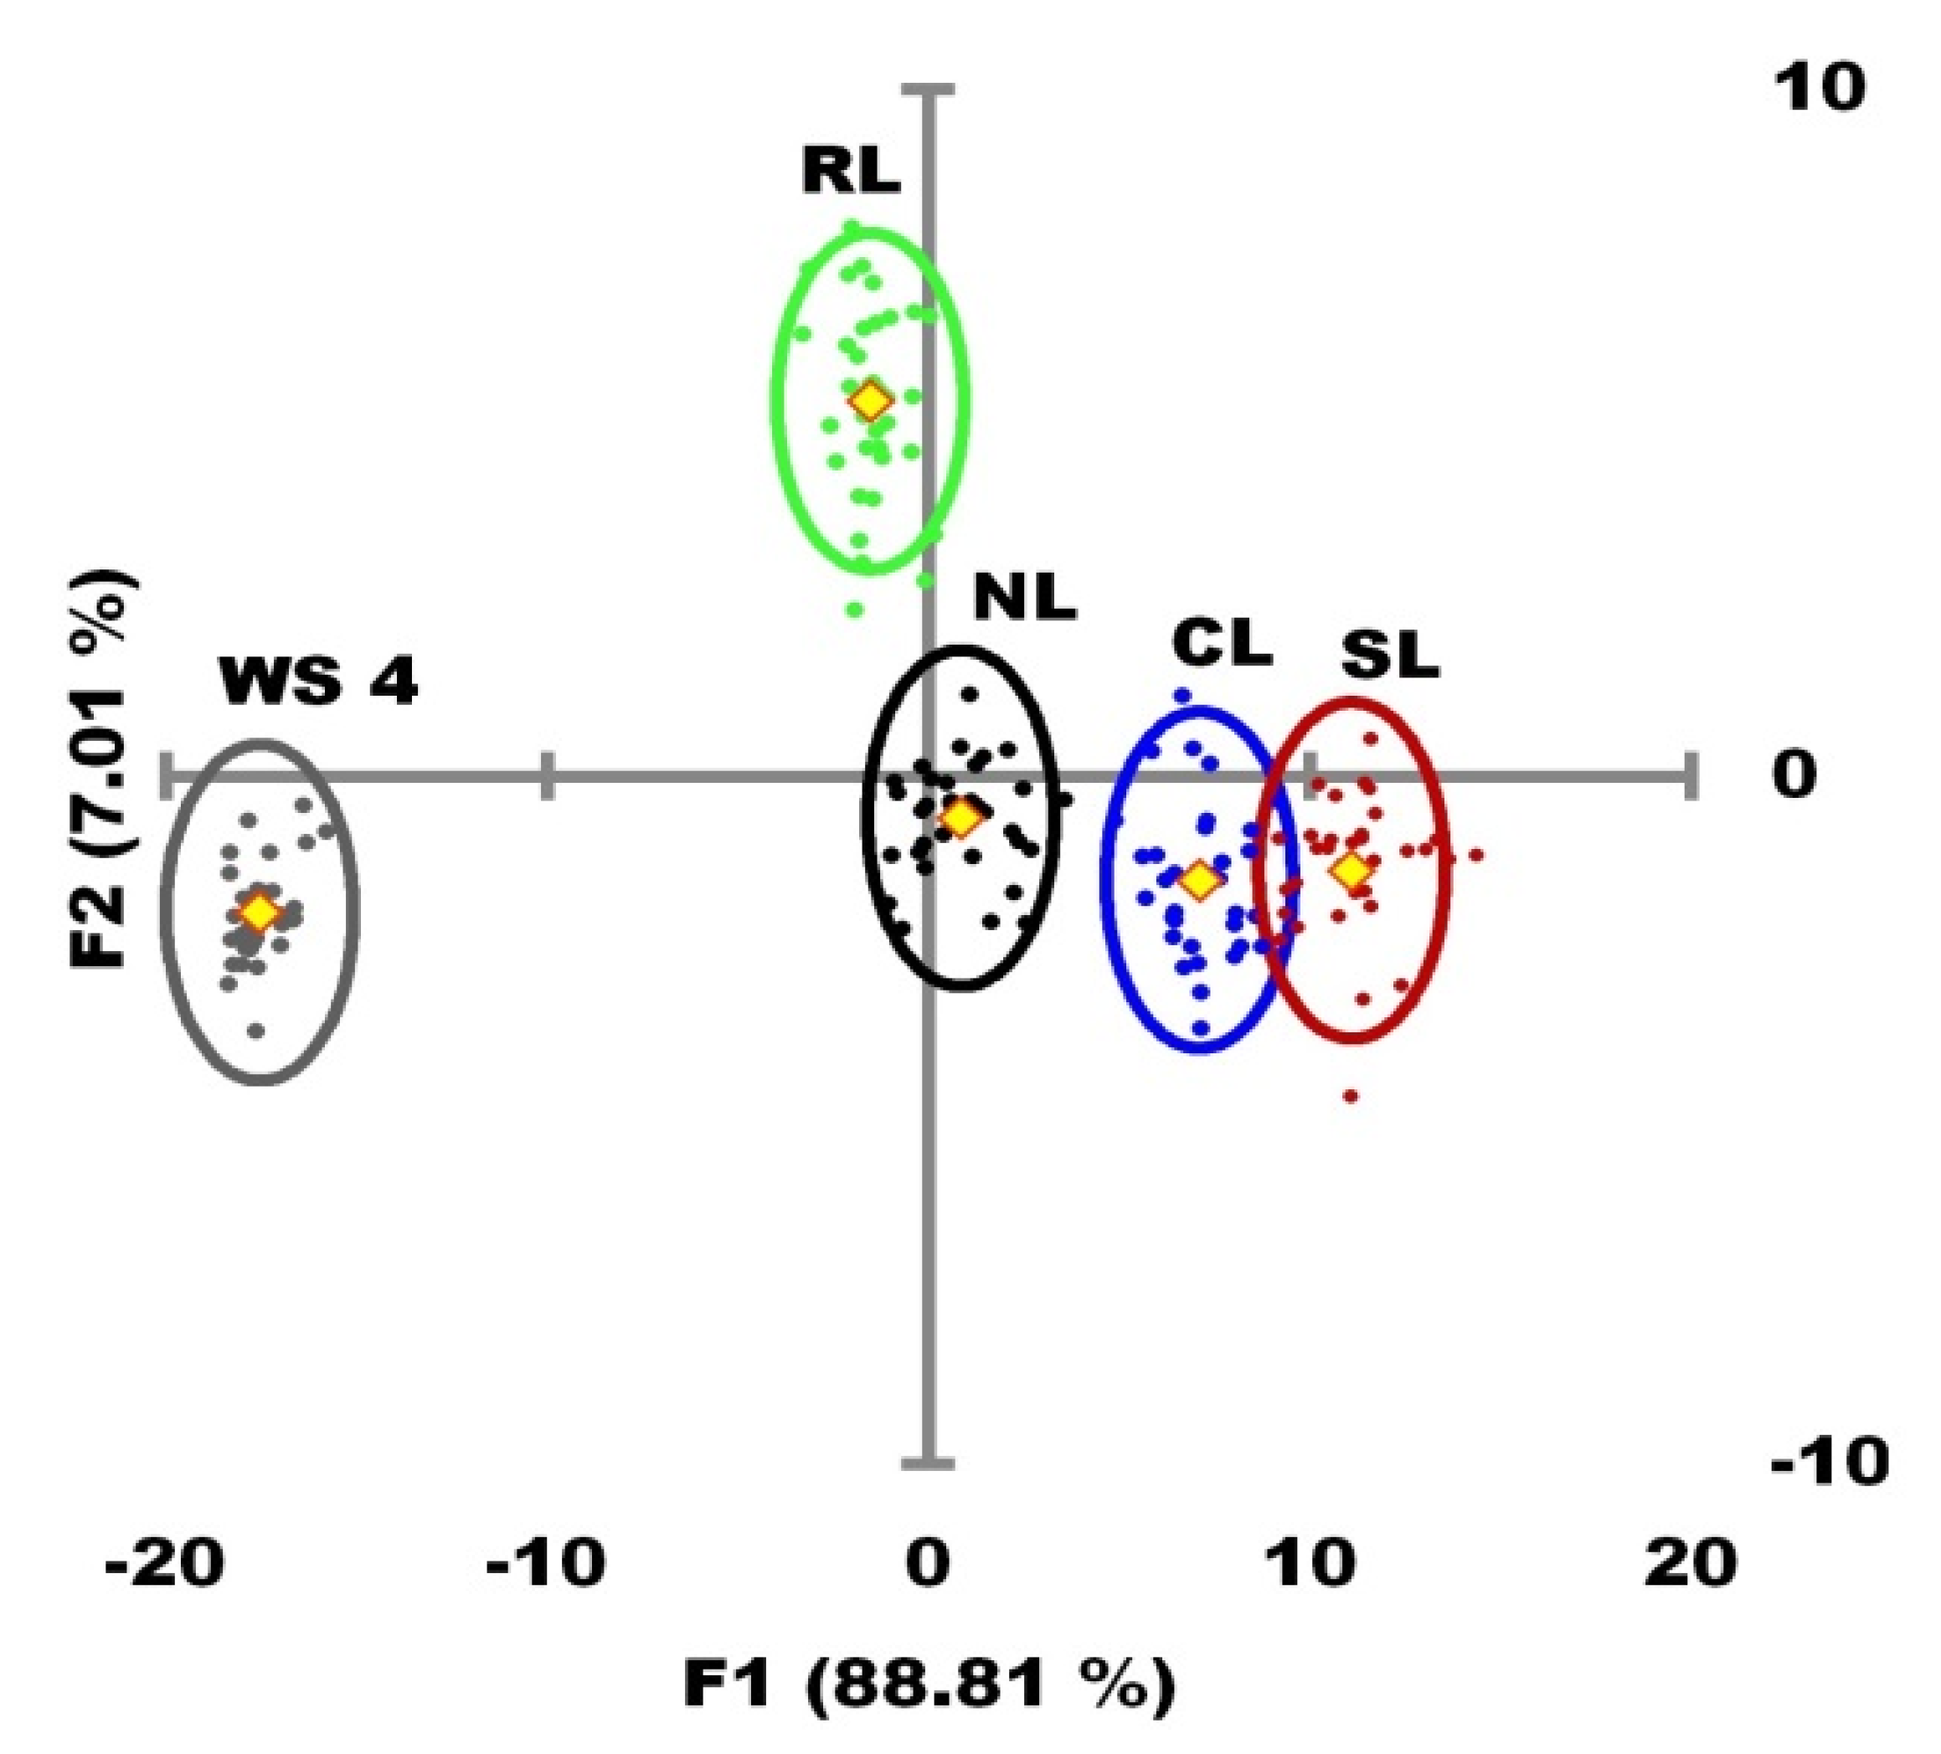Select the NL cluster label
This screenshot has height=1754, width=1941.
tap(1023, 599)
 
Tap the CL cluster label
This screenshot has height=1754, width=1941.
tap(1222, 643)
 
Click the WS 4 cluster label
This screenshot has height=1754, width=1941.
tap(319, 682)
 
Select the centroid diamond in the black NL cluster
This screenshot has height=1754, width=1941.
tap(962, 816)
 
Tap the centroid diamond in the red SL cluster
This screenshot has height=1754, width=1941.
tap(1352, 870)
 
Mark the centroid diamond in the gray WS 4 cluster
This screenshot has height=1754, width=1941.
tap(258, 911)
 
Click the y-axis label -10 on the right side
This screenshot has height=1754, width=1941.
tap(1827, 1464)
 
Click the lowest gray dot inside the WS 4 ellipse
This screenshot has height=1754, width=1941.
tap(256, 1031)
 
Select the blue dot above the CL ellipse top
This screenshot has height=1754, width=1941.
tap(1182, 695)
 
